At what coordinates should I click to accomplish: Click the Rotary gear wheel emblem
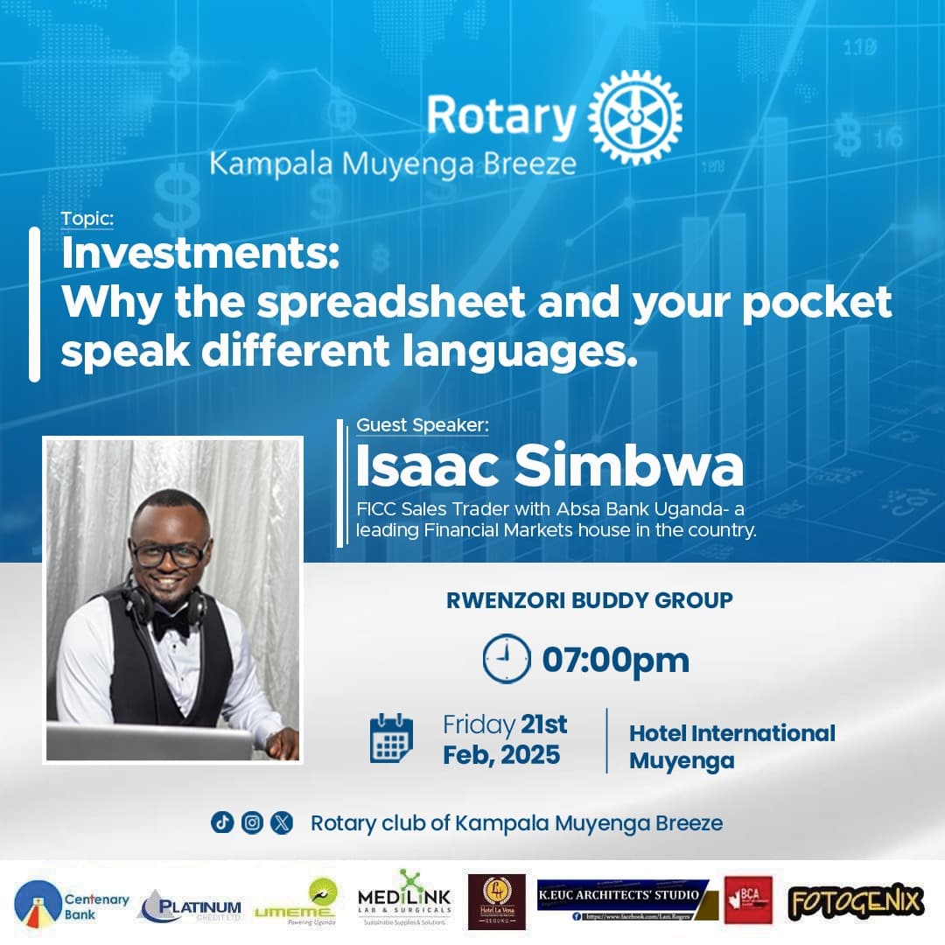(635, 116)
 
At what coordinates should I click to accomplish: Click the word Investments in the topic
(198, 255)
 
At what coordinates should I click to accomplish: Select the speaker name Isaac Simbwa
(549, 466)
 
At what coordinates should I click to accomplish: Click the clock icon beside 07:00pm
(506, 659)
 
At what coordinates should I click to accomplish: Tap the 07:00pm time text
(615, 660)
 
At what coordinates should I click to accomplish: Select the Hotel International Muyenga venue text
(731, 746)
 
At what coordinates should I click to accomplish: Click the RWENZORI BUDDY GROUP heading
(589, 600)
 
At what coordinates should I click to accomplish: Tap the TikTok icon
(222, 822)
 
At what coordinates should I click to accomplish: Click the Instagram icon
(252, 822)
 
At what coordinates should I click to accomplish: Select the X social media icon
(282, 822)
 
